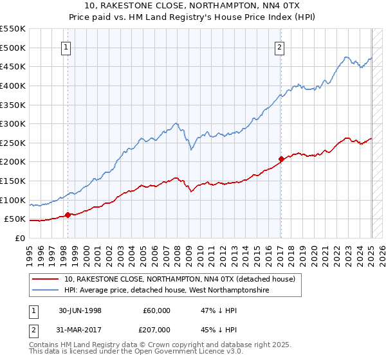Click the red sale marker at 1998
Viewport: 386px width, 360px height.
click(68, 215)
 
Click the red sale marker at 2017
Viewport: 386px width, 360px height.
click(281, 159)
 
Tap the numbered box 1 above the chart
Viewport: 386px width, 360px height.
click(67, 46)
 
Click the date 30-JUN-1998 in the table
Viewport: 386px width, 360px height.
click(80, 310)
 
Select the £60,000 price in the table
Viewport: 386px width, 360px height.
click(156, 310)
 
